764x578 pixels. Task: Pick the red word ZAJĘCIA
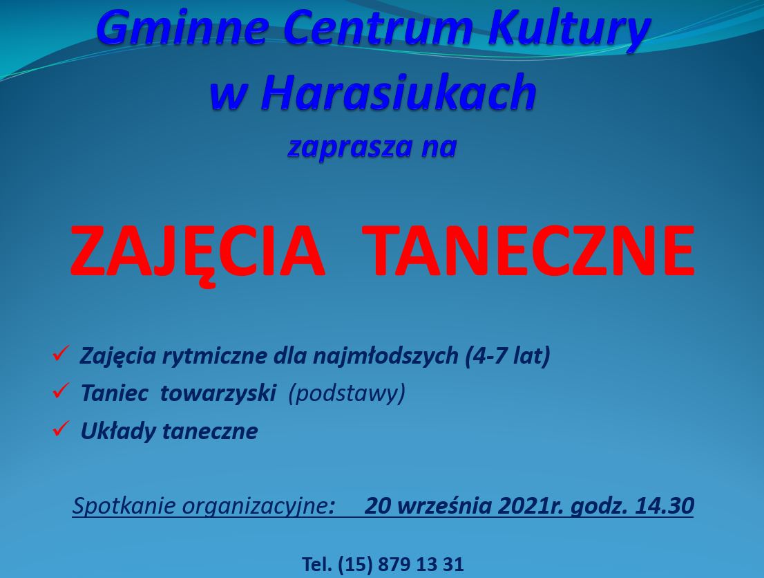(x=198, y=252)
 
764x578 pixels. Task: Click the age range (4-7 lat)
(x=508, y=356)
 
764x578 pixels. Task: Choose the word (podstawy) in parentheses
(x=347, y=394)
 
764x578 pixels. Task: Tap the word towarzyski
(x=218, y=394)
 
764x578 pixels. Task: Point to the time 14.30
(x=665, y=506)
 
